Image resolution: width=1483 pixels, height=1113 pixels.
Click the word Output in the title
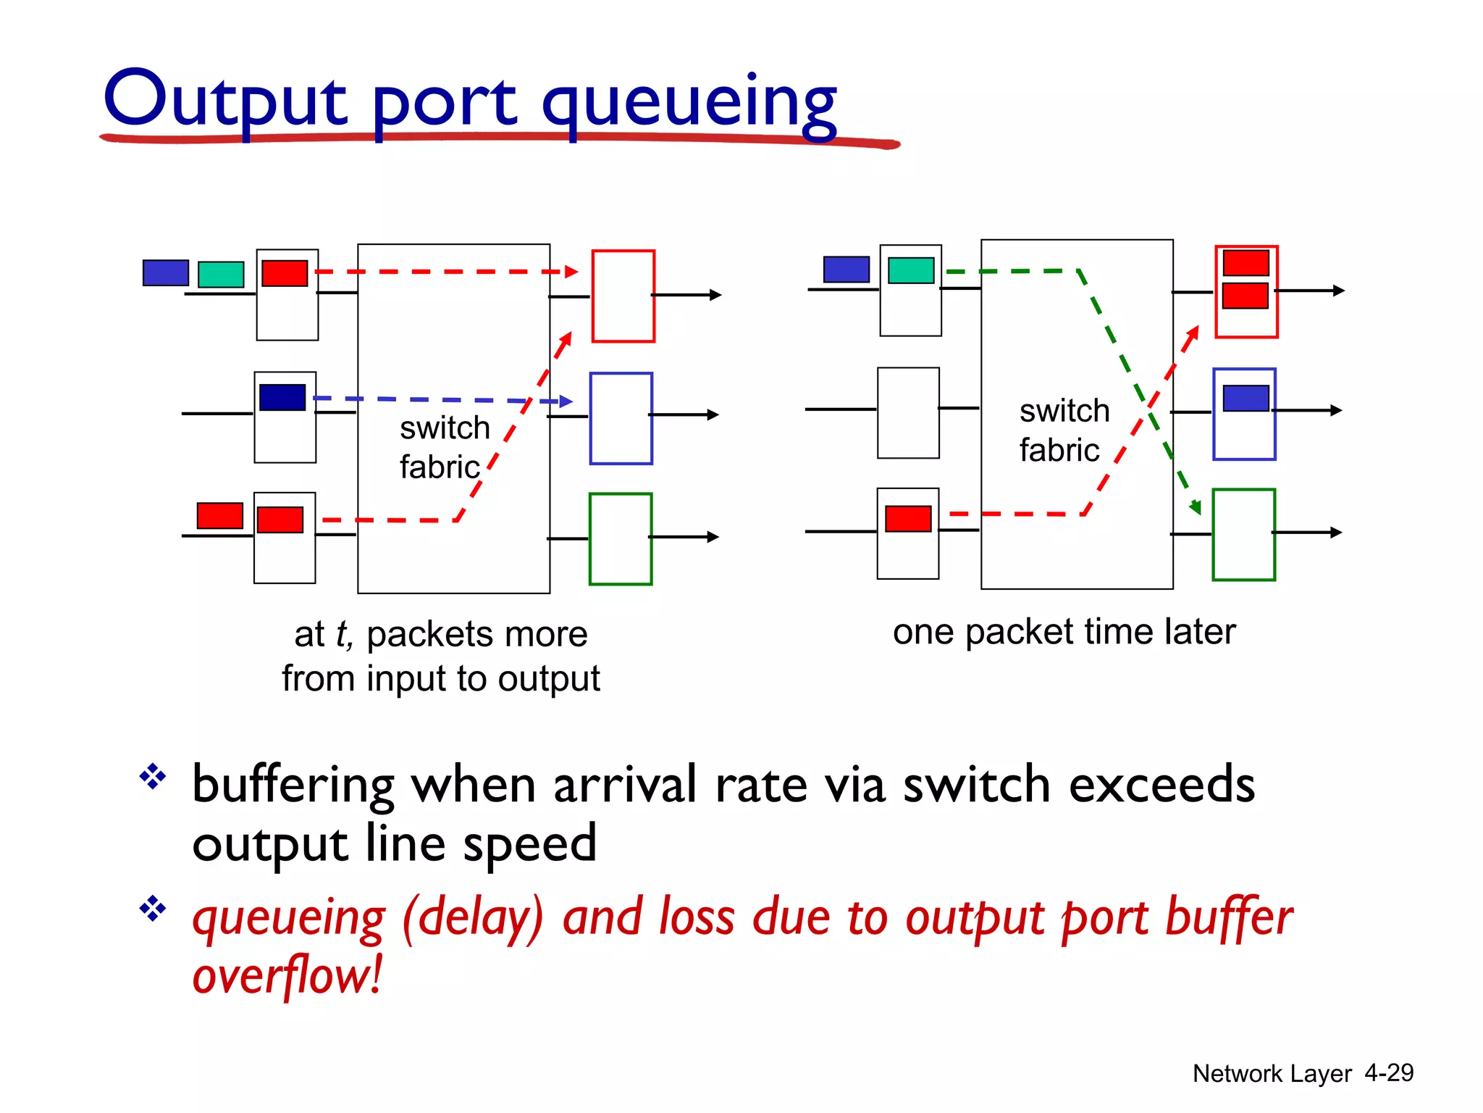tap(224, 100)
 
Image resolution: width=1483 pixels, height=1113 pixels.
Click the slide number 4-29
tap(1388, 1072)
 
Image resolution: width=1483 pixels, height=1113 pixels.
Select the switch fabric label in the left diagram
tap(443, 447)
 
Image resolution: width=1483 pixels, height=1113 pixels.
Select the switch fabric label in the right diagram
tap(1063, 430)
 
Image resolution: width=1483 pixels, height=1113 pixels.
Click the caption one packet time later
tap(1063, 631)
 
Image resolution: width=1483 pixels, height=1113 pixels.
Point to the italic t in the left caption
tap(343, 634)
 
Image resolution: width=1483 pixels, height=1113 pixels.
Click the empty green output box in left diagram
tap(621, 538)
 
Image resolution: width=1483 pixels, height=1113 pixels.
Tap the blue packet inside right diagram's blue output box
tap(1245, 398)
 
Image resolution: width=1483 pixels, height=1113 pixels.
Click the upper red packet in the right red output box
tap(1245, 262)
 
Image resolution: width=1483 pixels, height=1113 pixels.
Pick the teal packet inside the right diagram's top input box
tap(911, 270)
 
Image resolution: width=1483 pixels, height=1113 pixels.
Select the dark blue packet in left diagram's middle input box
tap(282, 397)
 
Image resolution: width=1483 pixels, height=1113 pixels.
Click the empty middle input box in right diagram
tap(908, 412)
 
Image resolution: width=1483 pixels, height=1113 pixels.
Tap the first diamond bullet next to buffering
tap(153, 777)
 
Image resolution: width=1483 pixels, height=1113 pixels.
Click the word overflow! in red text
tap(287, 975)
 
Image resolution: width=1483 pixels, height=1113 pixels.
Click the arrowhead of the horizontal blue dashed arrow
tap(567, 401)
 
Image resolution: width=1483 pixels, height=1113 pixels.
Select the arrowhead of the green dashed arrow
tap(1196, 507)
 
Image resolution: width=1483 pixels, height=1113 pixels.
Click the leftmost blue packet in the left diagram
tap(166, 272)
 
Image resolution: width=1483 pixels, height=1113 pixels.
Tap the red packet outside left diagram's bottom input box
tap(219, 515)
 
